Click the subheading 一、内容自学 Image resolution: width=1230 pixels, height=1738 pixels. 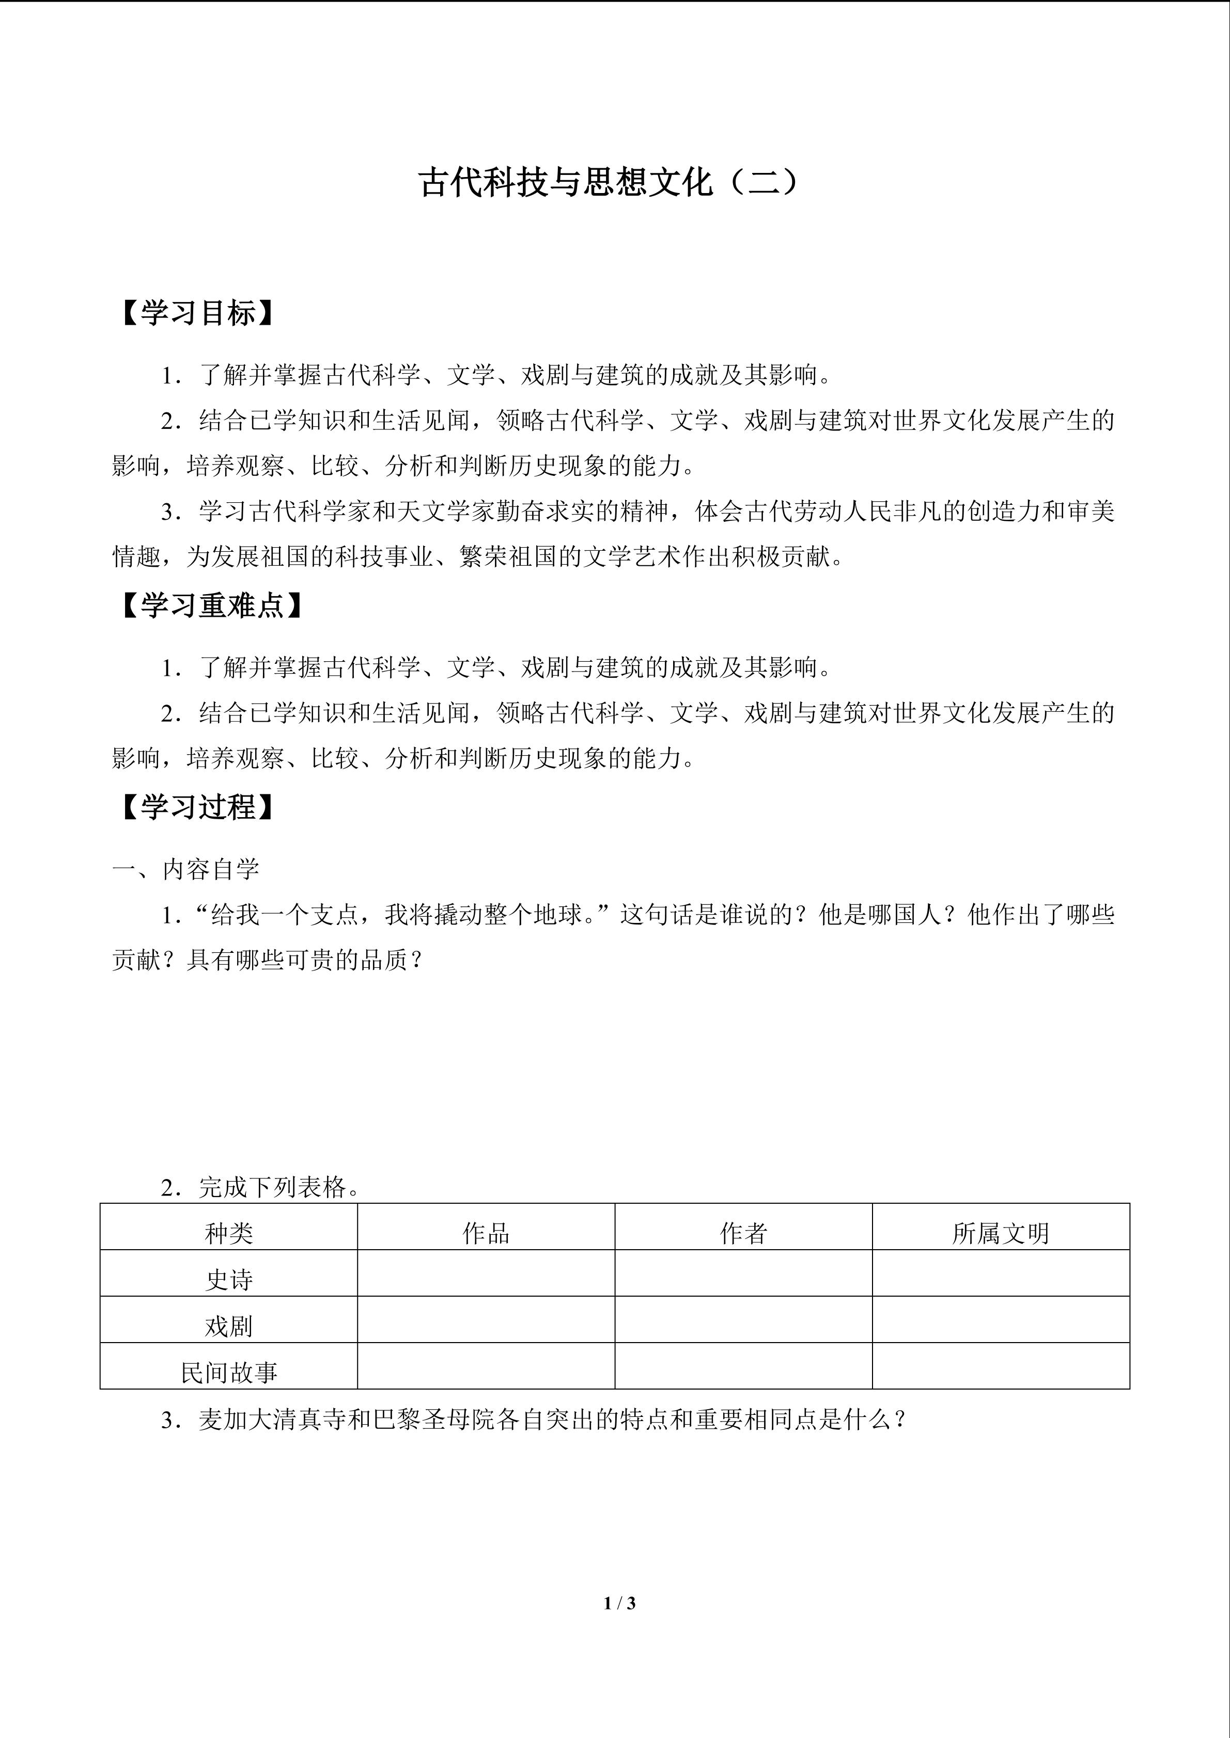click(x=185, y=869)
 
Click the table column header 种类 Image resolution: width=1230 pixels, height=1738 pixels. click(x=229, y=1233)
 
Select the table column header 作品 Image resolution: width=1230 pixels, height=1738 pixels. click(x=486, y=1233)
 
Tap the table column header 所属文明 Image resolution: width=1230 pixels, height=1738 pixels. click(x=1001, y=1233)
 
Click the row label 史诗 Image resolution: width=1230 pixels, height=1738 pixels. click(x=229, y=1279)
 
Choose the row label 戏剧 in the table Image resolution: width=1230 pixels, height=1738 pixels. click(x=229, y=1326)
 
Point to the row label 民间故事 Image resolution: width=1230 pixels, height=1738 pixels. click(x=229, y=1372)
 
